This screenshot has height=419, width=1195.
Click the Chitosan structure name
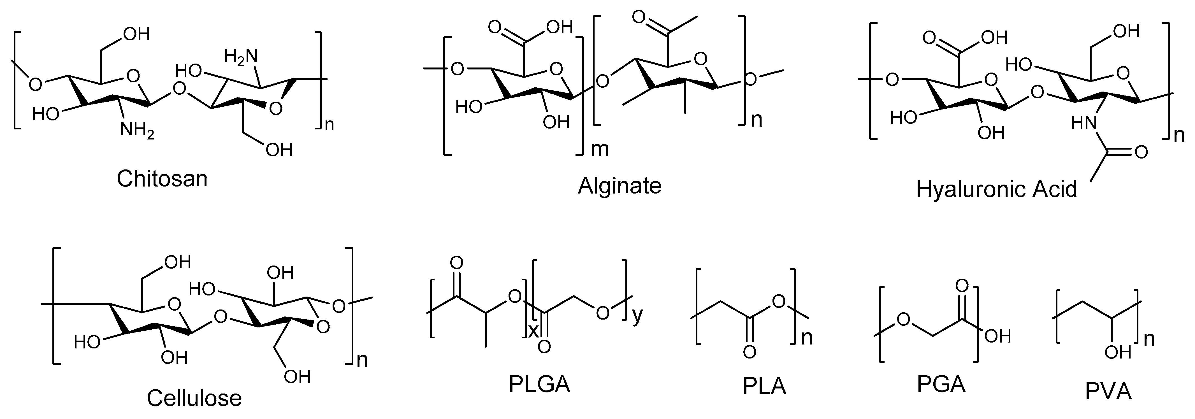[162, 179]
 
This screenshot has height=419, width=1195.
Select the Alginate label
[619, 186]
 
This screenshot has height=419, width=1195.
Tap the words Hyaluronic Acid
[996, 190]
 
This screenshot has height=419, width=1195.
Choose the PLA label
[764, 386]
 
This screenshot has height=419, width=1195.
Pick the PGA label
[941, 384]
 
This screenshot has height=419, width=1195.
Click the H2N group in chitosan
[241, 57]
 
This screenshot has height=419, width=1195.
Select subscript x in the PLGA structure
[533, 330]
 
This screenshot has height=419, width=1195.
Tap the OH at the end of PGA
[997, 336]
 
